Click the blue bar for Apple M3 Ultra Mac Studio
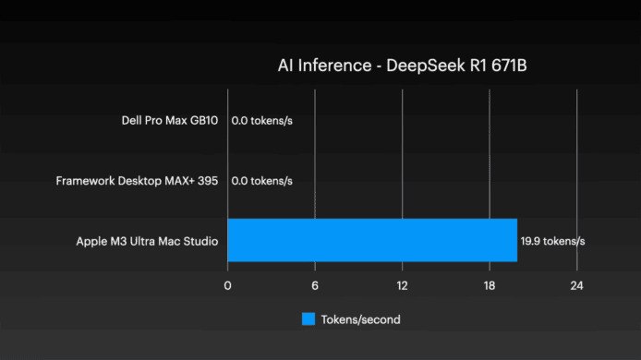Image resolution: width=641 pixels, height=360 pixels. coord(371,241)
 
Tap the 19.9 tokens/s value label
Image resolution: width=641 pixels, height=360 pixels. coord(553,241)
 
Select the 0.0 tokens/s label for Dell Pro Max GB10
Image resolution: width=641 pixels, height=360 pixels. coord(261,120)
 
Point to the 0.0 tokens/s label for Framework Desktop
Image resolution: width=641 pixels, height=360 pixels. coord(261,181)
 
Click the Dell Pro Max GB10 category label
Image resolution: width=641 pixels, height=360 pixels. coord(170,120)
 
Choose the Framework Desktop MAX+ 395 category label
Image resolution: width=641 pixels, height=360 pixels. coord(137,181)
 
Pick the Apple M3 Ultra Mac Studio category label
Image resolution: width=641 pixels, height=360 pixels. coord(147,242)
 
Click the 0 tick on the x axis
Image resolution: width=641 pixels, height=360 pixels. coord(227,285)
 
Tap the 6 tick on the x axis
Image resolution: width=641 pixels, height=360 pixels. coord(315,285)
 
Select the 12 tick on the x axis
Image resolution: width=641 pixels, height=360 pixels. coord(402,285)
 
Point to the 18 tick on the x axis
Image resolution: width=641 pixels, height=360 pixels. coord(490,285)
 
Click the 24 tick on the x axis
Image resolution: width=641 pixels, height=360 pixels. coord(576,285)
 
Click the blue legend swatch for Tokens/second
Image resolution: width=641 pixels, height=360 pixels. coord(308,319)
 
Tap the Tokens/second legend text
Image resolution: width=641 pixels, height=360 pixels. coord(360,319)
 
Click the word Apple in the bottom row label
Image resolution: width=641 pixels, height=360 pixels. coord(92,242)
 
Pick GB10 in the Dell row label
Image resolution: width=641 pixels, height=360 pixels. coord(203,120)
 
